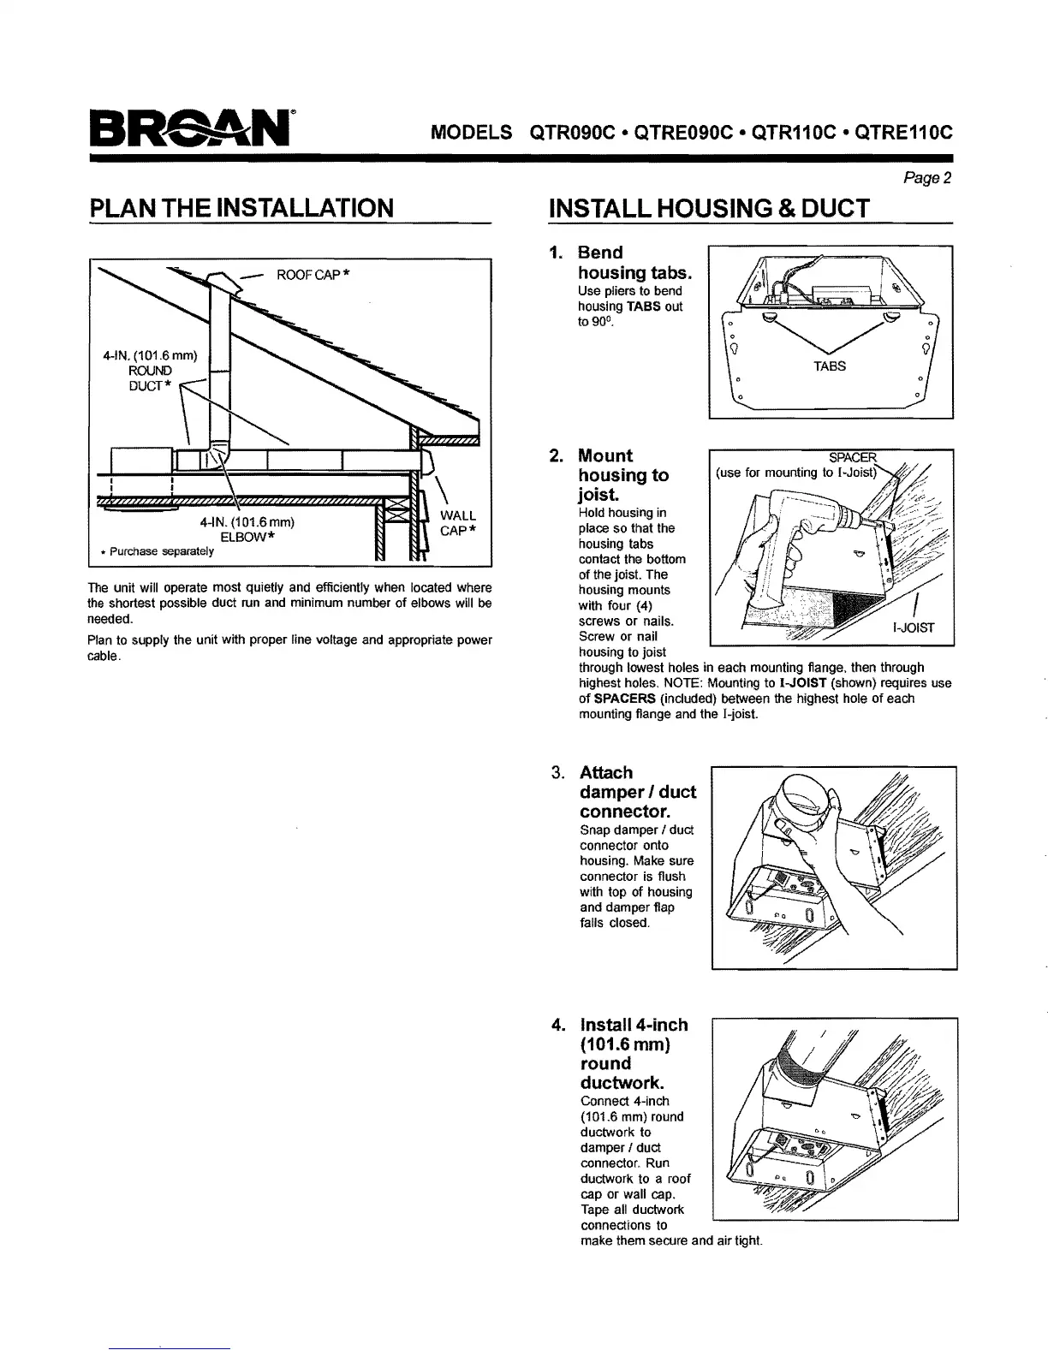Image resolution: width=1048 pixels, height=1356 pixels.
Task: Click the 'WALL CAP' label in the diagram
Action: pyautogui.click(x=457, y=523)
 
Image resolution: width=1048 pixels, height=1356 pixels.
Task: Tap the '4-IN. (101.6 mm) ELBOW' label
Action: pyautogui.click(x=247, y=529)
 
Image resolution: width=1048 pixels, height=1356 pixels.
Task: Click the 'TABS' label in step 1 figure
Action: pyautogui.click(x=830, y=366)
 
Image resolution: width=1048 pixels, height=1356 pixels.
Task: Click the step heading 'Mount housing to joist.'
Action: pyautogui.click(x=623, y=475)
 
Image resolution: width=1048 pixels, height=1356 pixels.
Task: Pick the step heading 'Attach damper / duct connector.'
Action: pyautogui.click(x=637, y=791)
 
